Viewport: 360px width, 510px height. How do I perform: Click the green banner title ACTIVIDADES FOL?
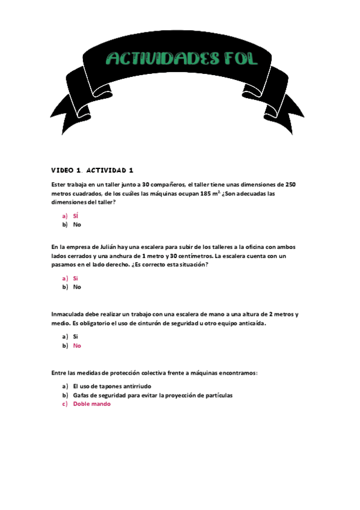[182, 58]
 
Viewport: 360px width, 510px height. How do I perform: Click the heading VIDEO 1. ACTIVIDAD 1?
[92, 171]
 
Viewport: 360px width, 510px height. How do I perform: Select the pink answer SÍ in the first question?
[76, 215]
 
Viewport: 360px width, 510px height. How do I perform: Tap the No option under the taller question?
[77, 224]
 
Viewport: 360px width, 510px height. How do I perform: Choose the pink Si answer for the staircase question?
[76, 278]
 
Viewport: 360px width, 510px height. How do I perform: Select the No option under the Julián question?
[77, 287]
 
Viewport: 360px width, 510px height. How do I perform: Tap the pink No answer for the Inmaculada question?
[77, 346]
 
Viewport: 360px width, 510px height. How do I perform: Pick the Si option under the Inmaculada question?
[76, 337]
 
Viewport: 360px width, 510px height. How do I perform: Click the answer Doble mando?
[91, 404]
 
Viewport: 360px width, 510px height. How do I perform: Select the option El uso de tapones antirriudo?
[112, 386]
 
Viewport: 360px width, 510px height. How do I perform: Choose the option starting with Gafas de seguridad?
[152, 395]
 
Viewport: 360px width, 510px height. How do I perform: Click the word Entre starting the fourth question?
[59, 373]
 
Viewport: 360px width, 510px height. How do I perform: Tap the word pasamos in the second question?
[66, 265]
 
